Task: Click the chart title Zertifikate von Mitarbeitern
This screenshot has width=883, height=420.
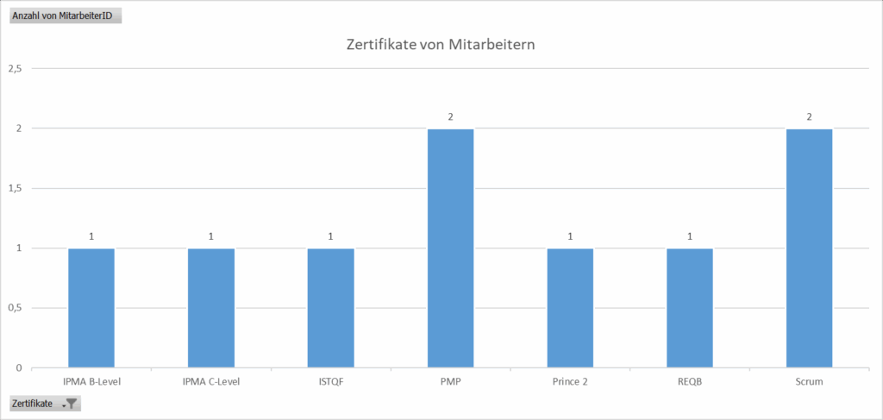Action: [441, 44]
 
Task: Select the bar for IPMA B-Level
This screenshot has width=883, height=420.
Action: [91, 308]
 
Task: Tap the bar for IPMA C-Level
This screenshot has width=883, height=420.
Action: [211, 308]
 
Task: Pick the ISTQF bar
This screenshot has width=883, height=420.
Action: [331, 308]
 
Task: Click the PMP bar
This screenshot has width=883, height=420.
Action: [450, 248]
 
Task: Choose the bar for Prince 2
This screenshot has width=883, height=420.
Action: [570, 308]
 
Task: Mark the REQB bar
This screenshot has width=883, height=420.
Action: [690, 308]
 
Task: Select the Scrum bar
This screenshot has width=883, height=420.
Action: [809, 248]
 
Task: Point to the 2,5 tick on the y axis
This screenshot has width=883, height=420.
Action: [15, 68]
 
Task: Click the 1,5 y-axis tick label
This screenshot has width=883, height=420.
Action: [15, 188]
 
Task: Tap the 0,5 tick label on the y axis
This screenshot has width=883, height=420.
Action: [15, 308]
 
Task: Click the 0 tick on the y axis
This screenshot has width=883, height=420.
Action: [19, 368]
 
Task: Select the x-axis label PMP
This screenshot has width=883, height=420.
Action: [450, 382]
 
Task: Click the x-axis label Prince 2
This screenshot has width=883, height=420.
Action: [570, 382]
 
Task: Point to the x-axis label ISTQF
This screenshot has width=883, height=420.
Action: [331, 382]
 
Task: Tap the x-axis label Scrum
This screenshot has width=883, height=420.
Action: [809, 382]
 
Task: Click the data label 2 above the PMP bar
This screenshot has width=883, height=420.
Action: [450, 116]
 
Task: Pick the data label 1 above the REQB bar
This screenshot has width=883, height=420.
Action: [690, 236]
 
